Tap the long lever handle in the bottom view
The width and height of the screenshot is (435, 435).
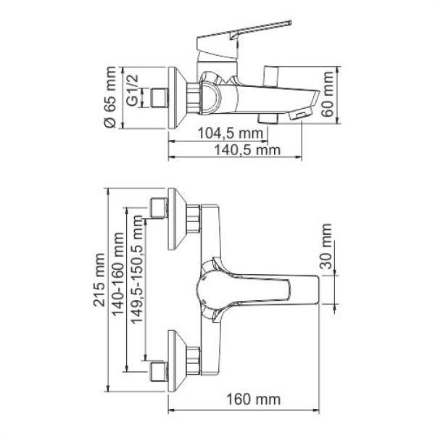(x=275, y=286)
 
